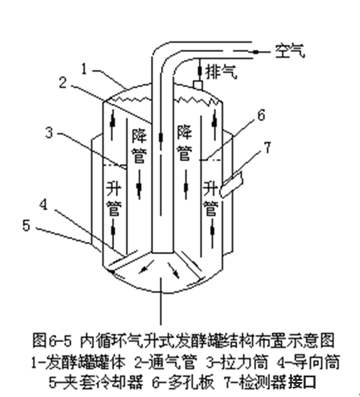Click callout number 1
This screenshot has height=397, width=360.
click(x=85, y=70)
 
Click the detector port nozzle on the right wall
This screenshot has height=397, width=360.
click(x=233, y=183)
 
